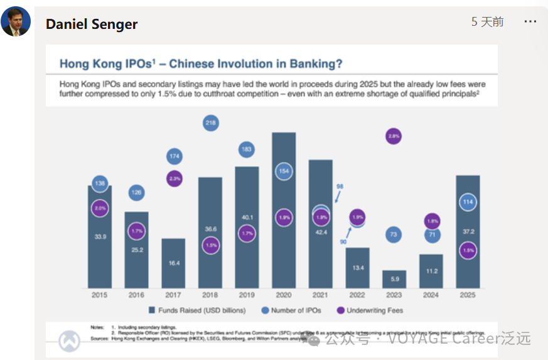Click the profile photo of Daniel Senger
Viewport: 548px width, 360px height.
(16, 23)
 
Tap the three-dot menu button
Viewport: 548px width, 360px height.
(530, 22)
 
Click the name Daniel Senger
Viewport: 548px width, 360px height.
(92, 25)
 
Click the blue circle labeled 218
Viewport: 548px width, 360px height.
(211, 123)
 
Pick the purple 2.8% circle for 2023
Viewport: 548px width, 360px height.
(394, 136)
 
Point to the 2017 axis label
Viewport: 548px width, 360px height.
(173, 295)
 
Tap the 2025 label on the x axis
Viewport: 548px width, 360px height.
(467, 295)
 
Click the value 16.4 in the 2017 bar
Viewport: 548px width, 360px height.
(173, 263)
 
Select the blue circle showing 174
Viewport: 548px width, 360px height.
(175, 156)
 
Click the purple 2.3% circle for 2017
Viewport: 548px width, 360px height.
(175, 178)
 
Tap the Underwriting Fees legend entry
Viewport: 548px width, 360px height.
(370, 310)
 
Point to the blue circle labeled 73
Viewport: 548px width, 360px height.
(394, 234)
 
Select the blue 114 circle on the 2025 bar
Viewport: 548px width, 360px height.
(467, 202)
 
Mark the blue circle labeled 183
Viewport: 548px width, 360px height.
(247, 150)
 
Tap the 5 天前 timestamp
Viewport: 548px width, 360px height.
(487, 22)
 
